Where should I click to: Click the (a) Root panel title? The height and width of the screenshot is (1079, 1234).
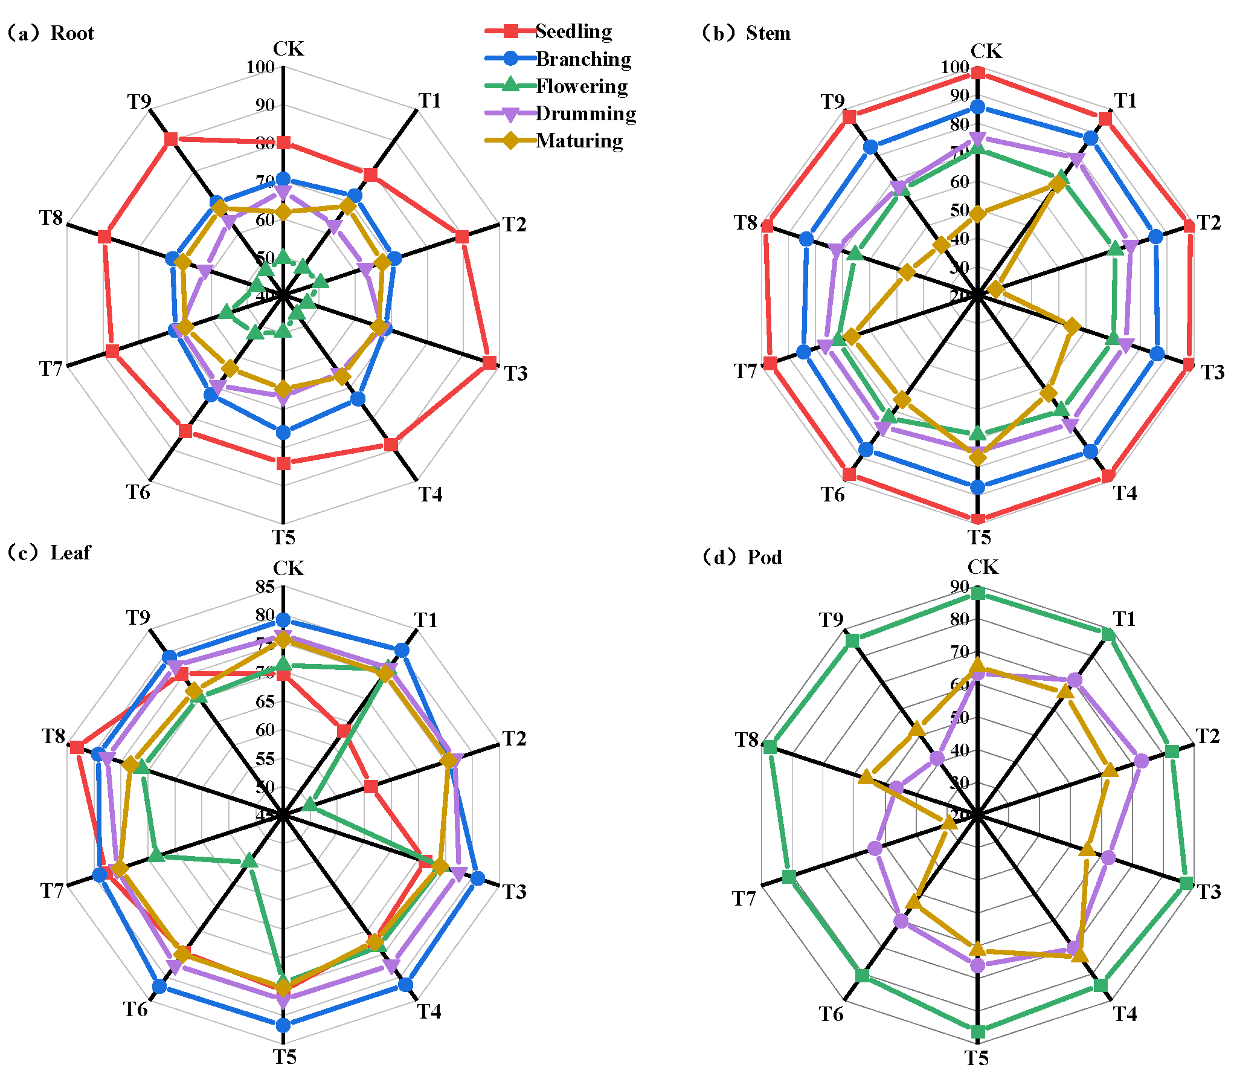(x=51, y=33)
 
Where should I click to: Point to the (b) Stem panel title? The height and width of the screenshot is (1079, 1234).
(x=745, y=33)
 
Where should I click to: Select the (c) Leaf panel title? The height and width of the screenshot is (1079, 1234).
(x=50, y=552)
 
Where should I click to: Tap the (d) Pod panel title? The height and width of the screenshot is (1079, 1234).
(x=742, y=556)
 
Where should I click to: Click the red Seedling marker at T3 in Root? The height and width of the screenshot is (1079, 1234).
(x=489, y=362)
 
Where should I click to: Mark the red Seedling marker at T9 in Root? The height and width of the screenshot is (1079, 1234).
(x=171, y=139)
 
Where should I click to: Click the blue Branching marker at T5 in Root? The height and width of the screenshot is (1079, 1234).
(x=283, y=432)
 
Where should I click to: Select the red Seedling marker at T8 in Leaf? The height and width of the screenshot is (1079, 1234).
(x=77, y=747)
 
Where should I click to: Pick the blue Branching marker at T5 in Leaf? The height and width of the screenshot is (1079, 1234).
(x=283, y=1025)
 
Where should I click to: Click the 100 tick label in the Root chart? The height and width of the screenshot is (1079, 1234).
(x=260, y=66)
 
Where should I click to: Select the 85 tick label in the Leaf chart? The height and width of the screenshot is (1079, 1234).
(x=265, y=586)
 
